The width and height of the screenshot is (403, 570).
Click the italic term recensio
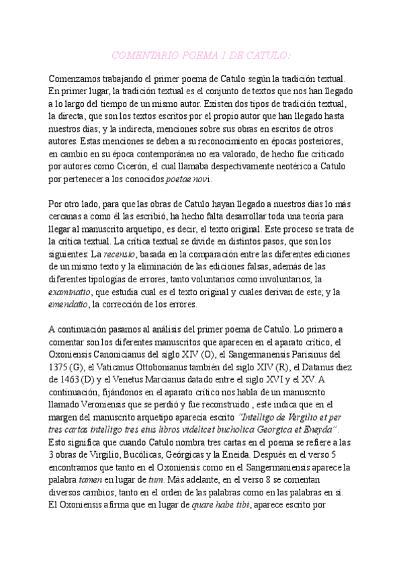tap(120, 254)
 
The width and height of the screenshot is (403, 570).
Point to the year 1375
tap(61, 366)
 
